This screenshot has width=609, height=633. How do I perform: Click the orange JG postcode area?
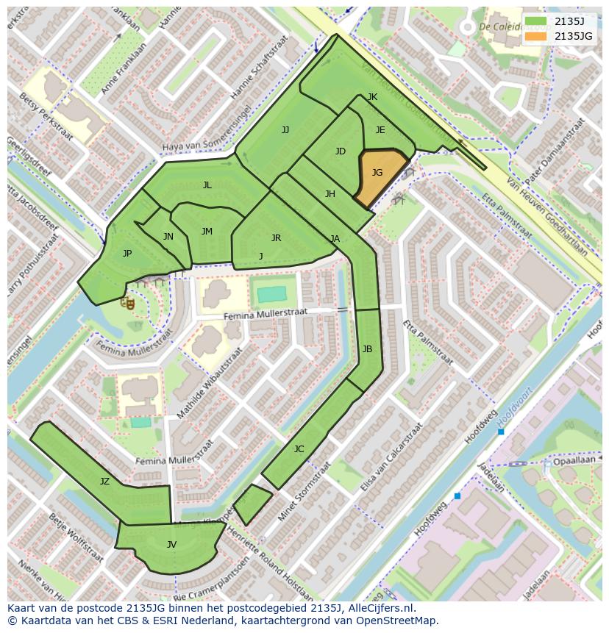(380, 176)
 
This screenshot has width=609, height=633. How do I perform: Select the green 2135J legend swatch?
(536, 21)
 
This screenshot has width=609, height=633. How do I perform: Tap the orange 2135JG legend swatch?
(536, 36)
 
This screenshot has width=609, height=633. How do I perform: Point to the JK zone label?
(372, 97)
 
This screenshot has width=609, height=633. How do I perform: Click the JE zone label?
(380, 130)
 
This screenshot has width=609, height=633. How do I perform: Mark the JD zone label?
(340, 151)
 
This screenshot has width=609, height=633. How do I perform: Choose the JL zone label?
(207, 185)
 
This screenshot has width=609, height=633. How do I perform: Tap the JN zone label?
(168, 237)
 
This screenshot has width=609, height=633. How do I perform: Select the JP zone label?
(127, 254)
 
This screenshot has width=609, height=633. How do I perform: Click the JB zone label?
(367, 348)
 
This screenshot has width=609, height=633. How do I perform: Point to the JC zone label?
(299, 449)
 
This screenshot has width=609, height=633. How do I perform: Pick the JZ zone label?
(104, 482)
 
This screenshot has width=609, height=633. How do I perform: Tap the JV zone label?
(171, 545)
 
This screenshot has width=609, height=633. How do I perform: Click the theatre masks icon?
(128, 301)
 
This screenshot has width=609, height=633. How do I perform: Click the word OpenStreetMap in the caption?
(396, 621)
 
